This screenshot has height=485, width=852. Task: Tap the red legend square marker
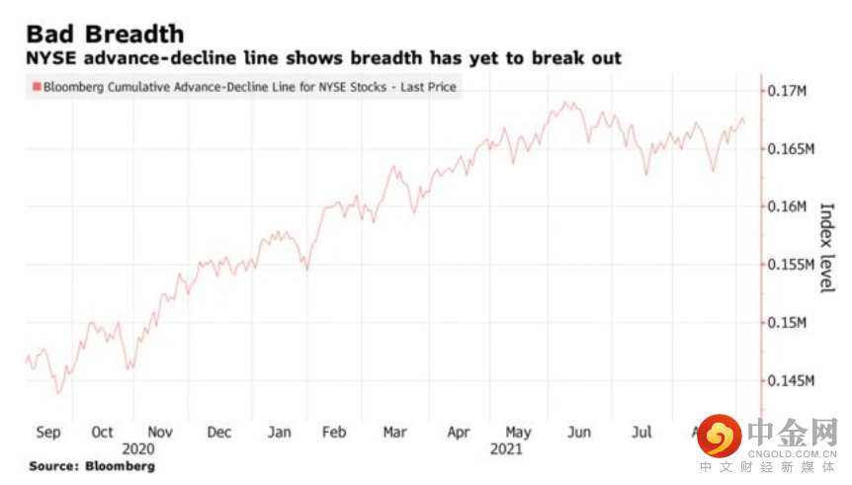(x=37, y=88)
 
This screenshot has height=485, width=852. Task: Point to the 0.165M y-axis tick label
(x=791, y=149)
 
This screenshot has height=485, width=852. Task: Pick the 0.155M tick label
(x=791, y=265)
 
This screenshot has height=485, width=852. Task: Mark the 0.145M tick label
(x=791, y=380)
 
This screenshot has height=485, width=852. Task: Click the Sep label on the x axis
(x=47, y=433)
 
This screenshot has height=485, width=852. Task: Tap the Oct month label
(x=102, y=433)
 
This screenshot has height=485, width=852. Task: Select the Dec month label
(x=219, y=433)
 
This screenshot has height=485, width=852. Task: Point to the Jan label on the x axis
(x=280, y=433)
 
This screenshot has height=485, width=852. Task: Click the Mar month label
(x=395, y=433)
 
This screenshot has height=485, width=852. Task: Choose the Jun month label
(x=578, y=433)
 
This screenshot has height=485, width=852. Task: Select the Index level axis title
(x=826, y=248)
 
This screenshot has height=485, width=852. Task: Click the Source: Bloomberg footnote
(x=92, y=465)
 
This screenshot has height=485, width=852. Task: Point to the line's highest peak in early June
(x=567, y=102)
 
